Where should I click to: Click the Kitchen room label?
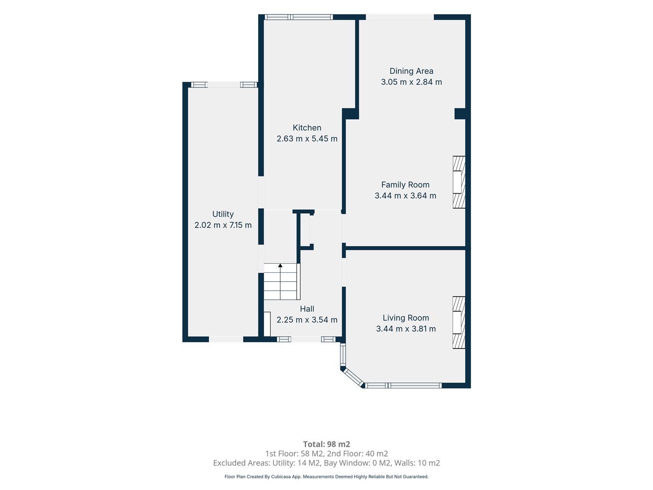307,128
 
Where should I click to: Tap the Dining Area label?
411,71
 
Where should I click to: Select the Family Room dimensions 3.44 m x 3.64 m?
405,196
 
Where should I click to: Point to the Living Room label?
405,318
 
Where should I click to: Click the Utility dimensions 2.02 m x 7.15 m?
223,225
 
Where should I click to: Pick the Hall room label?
307,309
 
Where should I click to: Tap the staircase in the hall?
282,281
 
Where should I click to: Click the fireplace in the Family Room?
459,182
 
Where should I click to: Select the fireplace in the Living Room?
459,323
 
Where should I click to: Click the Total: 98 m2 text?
326,444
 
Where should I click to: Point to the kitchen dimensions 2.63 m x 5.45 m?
307,139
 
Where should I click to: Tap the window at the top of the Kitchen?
299,17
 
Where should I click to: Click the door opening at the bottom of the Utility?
226,339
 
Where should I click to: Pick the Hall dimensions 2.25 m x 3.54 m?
307,320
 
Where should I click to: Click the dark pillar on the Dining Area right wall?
460,113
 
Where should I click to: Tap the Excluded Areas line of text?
326,463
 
